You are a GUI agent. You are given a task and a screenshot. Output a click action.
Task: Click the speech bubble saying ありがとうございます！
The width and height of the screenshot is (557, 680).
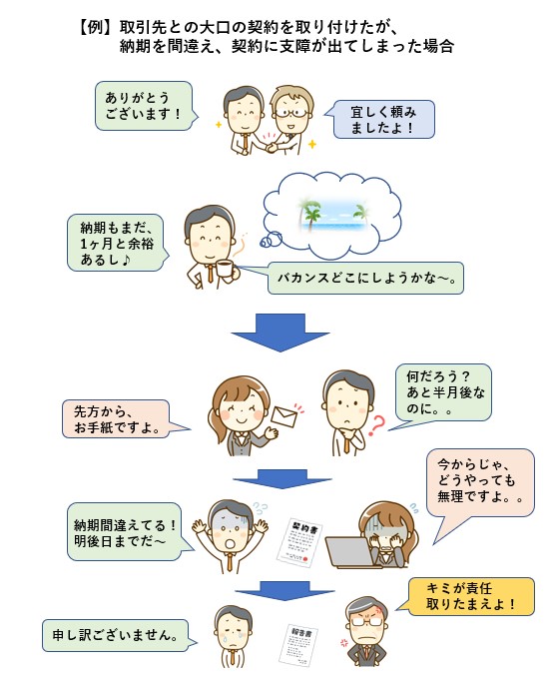click(143, 106)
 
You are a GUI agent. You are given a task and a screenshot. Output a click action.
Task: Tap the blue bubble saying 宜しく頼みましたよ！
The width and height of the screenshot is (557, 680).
click(381, 120)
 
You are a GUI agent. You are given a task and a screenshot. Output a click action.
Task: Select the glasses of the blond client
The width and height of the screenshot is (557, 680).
click(291, 113)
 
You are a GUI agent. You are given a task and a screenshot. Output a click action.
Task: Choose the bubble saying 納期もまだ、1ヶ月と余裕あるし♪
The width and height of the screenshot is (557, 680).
click(116, 244)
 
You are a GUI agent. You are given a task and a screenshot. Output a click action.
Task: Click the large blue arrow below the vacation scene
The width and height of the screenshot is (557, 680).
click(280, 332)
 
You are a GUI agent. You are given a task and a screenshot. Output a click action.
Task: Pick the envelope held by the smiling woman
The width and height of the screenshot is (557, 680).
click(284, 417)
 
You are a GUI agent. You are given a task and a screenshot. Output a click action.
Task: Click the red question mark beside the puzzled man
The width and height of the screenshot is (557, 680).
click(376, 425)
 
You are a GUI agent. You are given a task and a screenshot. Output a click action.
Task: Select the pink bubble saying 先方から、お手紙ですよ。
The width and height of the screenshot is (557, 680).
click(121, 419)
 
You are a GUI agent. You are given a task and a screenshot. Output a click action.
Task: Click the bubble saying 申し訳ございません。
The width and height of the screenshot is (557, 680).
click(116, 636)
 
